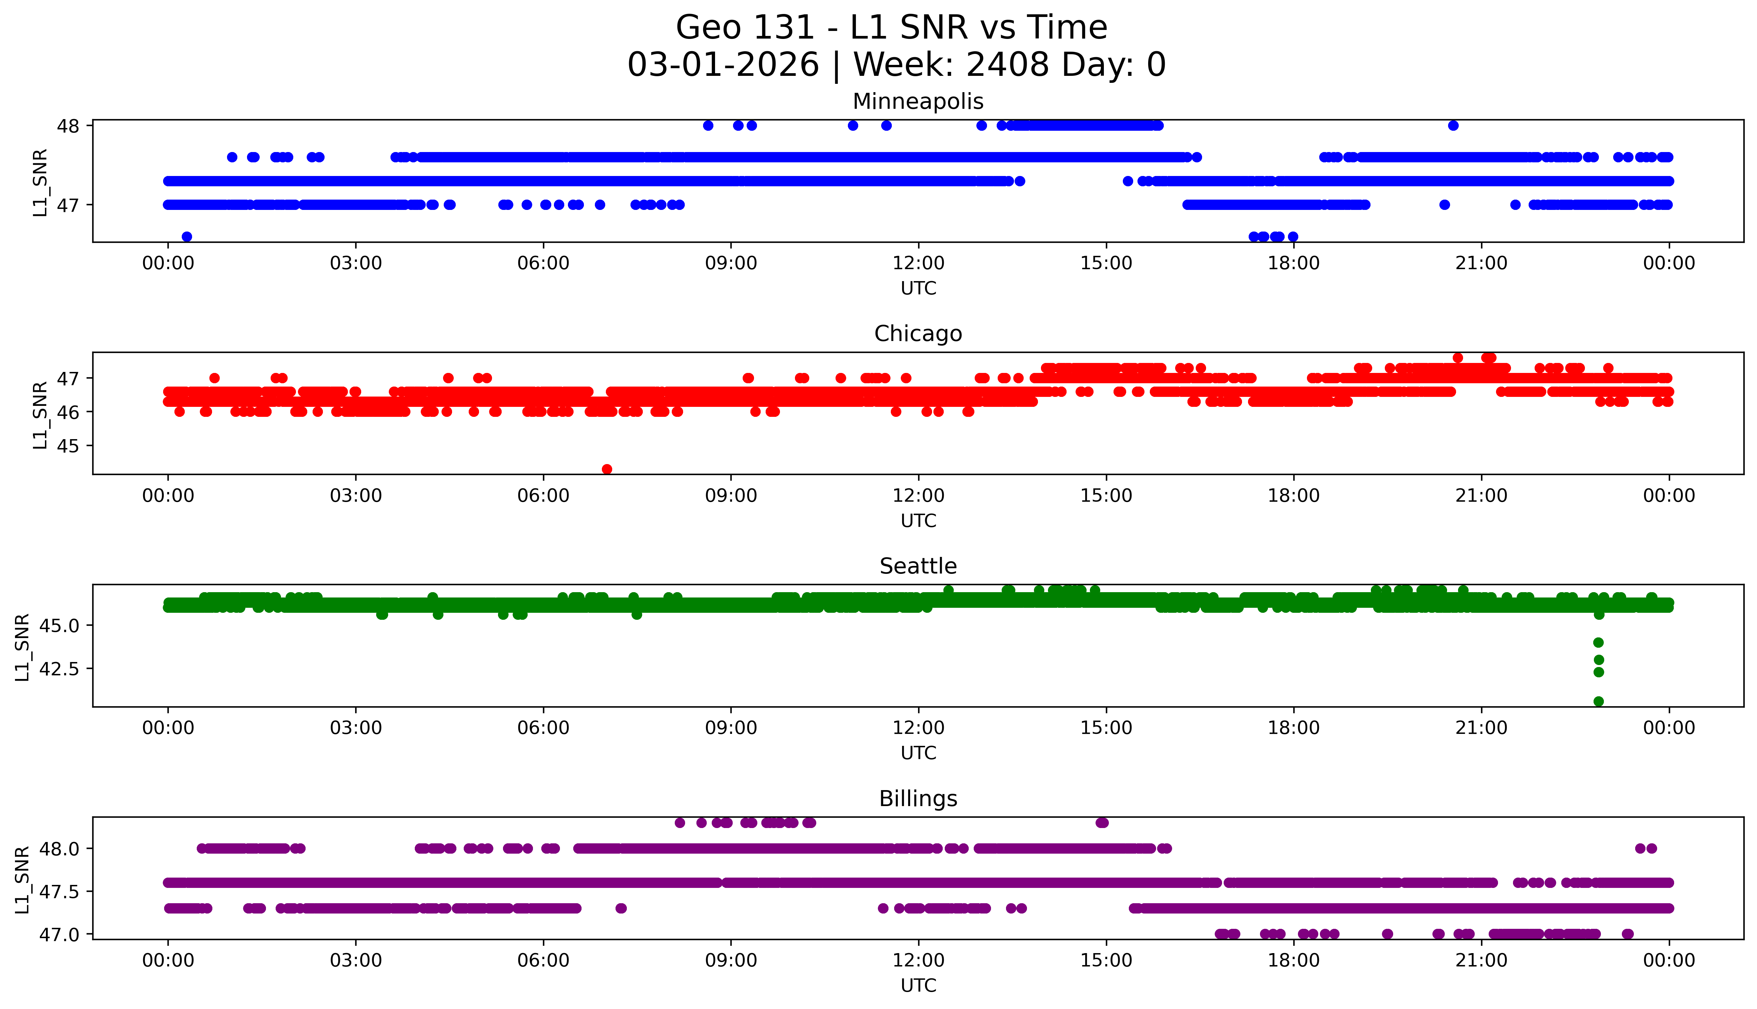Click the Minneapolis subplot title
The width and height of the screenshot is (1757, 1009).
[x=918, y=101]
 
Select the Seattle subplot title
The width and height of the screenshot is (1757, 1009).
[x=918, y=566]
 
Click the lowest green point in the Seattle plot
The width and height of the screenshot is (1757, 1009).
[x=1598, y=701]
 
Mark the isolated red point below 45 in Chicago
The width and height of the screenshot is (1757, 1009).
[x=607, y=469]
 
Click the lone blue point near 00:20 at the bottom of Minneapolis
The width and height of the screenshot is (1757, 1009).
[x=186, y=236]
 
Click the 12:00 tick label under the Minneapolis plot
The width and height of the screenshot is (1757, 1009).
[x=918, y=263]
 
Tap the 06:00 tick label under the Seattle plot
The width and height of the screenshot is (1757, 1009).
[x=543, y=728]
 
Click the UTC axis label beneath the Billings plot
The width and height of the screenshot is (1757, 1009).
[x=918, y=985]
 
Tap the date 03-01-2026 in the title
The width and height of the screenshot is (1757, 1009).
[x=723, y=65]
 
